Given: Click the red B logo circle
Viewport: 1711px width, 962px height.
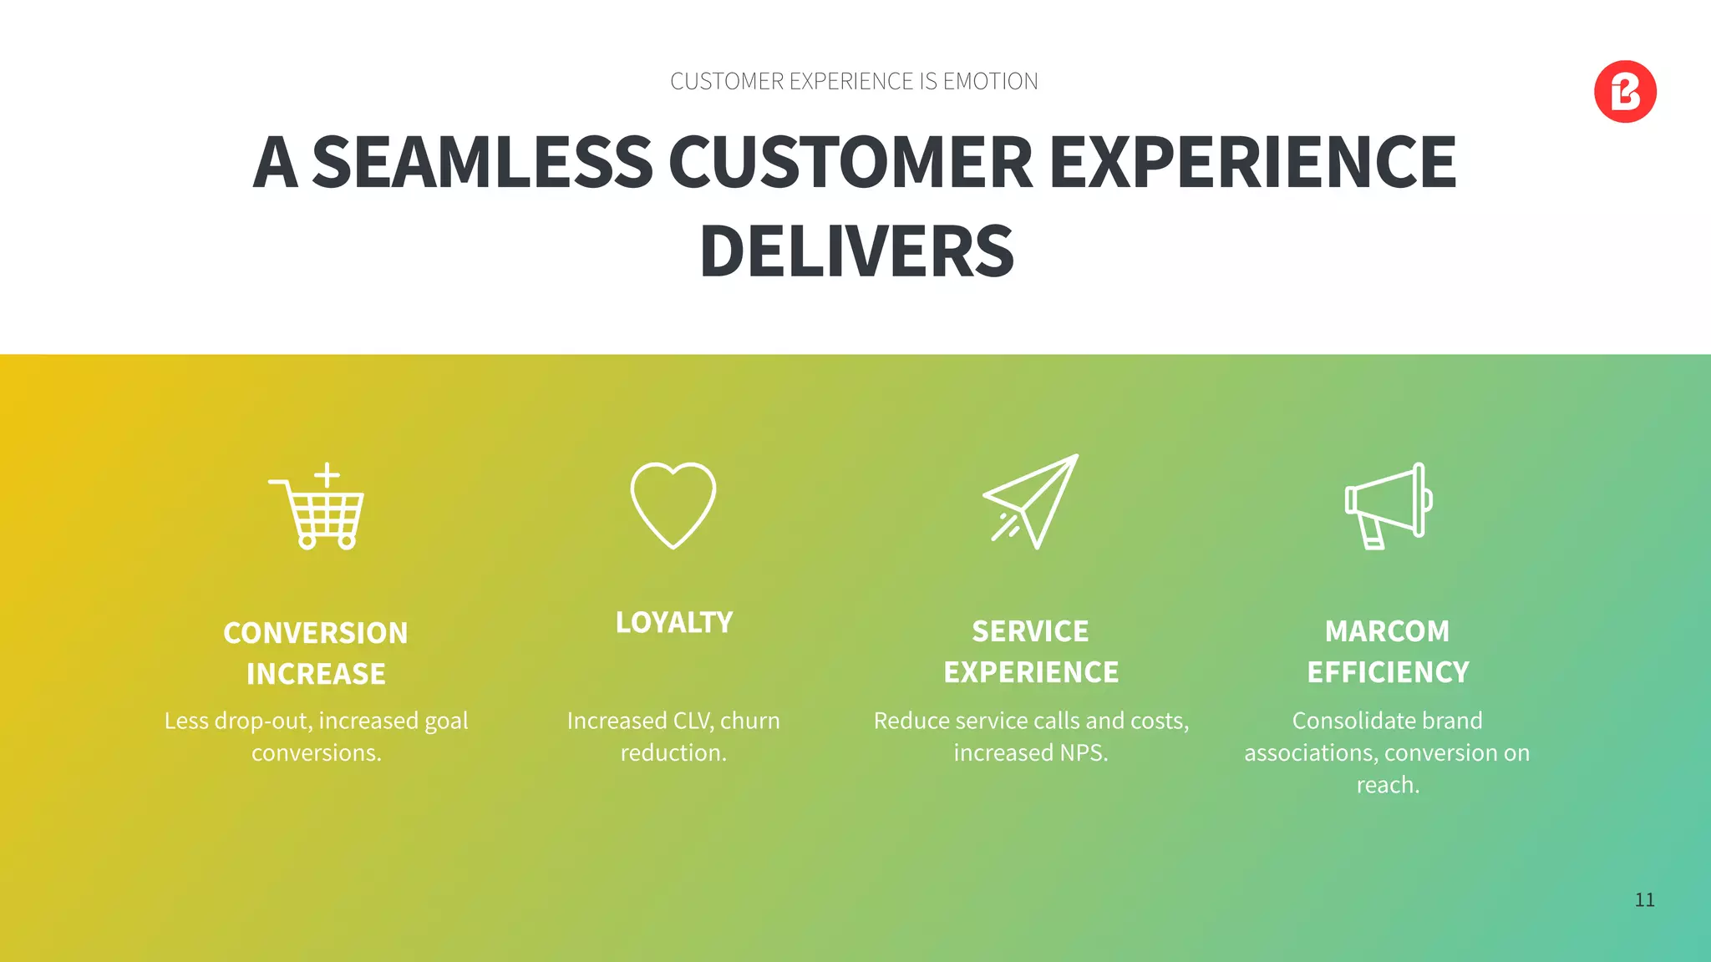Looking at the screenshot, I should [1625, 92].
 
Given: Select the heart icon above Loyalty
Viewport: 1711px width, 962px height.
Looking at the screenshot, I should [673, 504].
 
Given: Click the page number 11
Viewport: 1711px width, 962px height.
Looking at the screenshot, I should [1644, 900].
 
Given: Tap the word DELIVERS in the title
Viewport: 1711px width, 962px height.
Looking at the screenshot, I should [856, 251].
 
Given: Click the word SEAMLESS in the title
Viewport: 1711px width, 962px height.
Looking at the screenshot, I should [482, 162].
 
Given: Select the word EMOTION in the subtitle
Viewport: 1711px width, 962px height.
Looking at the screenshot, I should [990, 82].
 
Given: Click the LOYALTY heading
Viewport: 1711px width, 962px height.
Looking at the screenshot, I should [674, 623].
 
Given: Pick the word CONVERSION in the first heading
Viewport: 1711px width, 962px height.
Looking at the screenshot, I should [316, 634].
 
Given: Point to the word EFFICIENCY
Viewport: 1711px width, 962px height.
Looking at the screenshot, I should [1388, 673].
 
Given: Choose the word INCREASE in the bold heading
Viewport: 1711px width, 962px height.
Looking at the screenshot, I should [316, 675].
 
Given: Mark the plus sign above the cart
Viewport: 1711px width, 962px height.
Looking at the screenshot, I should [327, 475].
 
